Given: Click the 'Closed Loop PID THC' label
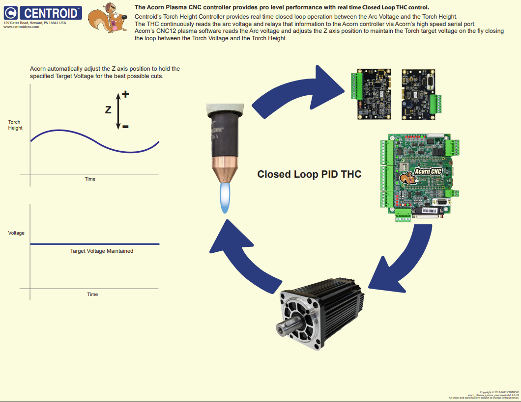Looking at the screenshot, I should click(x=309, y=174).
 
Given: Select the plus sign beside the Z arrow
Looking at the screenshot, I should click(x=125, y=94).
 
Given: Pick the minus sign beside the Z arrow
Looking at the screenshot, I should click(x=125, y=127).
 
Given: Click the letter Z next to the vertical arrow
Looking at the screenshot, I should click(x=108, y=110).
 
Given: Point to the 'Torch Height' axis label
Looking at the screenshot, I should click(x=15, y=125).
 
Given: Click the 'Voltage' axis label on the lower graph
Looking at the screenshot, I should click(x=16, y=233).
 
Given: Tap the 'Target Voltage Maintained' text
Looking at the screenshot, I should click(x=101, y=251).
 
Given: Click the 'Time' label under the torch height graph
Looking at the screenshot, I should click(x=90, y=179).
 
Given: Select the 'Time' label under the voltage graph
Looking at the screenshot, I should click(x=92, y=295).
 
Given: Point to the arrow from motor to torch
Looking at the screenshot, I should click(x=241, y=255).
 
